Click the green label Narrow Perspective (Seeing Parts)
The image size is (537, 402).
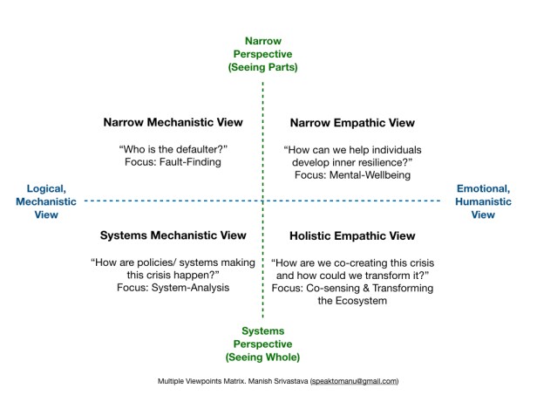point(263,53)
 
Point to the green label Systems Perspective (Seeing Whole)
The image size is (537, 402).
point(263,344)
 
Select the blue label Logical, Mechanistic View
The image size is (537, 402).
point(47,201)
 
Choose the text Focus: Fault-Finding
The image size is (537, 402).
point(173,162)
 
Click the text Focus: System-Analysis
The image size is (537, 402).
point(173,287)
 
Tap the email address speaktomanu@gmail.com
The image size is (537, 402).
point(352,381)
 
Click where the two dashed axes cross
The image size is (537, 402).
point(263,201)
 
